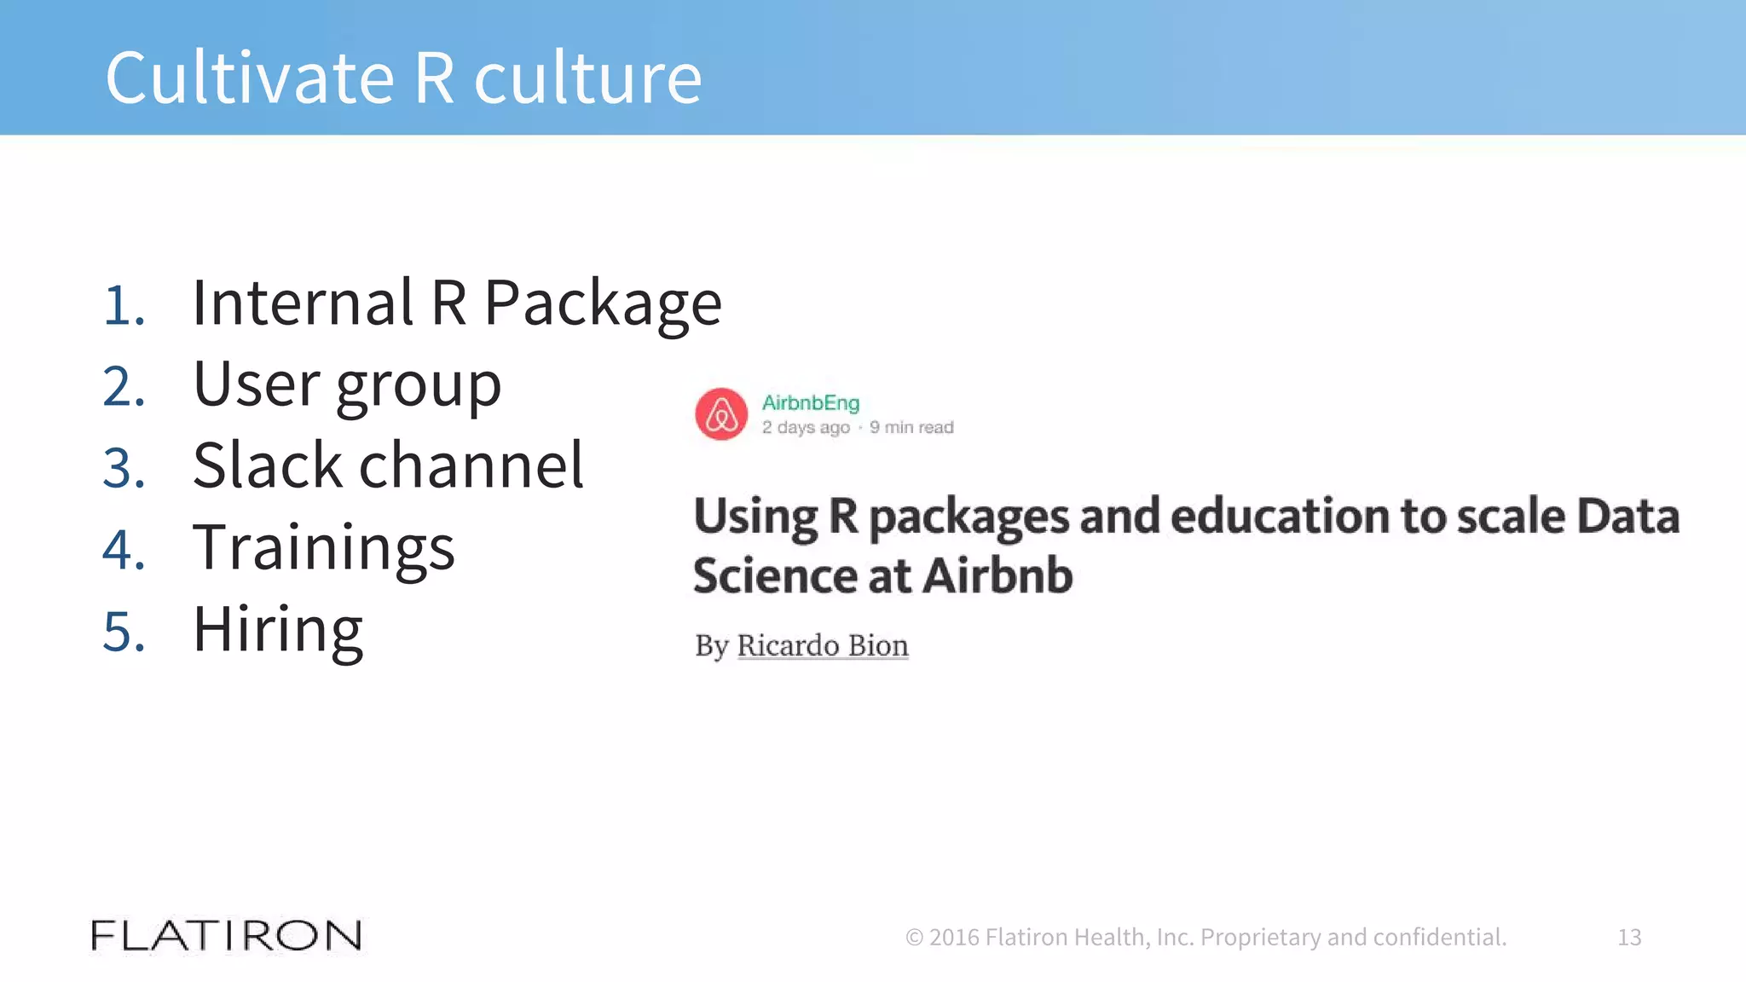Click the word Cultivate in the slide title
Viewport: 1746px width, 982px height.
tap(250, 78)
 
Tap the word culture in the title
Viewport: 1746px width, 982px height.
tap(587, 78)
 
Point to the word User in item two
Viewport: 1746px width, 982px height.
tap(257, 384)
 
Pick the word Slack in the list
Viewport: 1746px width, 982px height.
tap(268, 466)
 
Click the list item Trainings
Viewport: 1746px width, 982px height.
tap(324, 548)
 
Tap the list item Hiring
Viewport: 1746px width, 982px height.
tap(278, 630)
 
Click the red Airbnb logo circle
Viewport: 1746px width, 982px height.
tap(721, 414)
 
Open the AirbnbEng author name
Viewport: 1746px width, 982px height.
tap(810, 402)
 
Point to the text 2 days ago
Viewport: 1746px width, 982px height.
tap(806, 427)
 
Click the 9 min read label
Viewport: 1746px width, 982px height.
tap(911, 427)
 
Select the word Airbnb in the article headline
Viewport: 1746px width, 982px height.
tap(997, 575)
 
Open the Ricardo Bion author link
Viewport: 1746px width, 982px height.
tap(823, 645)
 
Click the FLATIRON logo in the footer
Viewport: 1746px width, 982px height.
tap(226, 936)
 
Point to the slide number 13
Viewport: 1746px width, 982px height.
tap(1629, 937)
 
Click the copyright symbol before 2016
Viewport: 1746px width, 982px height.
tap(914, 938)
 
